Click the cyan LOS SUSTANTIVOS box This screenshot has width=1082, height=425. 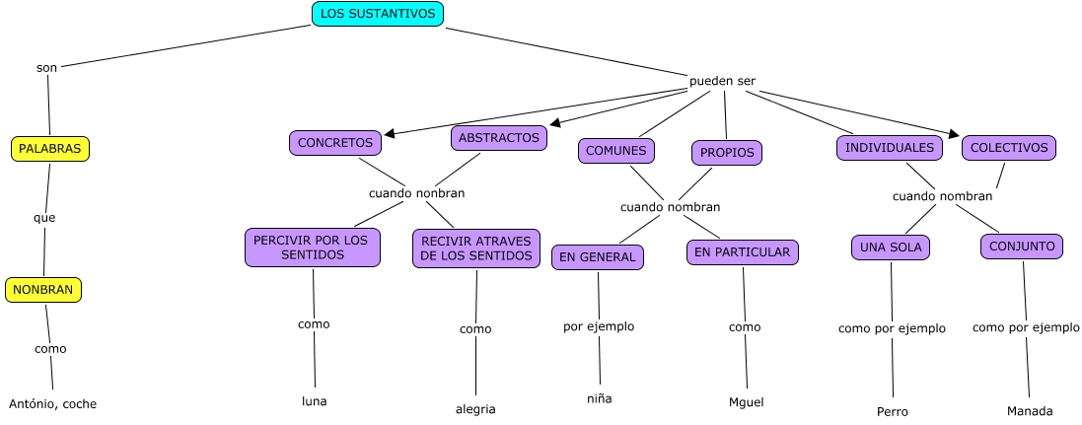378,14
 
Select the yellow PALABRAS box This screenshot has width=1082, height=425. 49,149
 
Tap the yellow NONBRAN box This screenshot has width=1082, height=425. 43,290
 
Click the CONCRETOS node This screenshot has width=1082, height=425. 335,143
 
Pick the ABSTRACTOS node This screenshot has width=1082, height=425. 499,138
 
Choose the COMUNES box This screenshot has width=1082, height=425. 616,151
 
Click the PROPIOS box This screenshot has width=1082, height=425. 727,153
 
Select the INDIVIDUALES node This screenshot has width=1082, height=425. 889,148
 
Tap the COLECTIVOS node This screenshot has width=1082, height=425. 1009,148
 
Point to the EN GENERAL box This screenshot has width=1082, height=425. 598,257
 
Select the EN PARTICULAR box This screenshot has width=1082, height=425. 742,252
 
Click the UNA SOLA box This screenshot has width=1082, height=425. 890,248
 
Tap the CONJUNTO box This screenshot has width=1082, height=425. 1022,247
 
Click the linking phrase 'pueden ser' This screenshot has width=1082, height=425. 722,81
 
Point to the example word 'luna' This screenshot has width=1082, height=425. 314,401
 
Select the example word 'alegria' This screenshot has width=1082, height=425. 475,409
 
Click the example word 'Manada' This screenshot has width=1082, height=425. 1030,411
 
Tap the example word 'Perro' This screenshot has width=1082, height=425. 892,411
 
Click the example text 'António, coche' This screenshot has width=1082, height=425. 53,404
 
